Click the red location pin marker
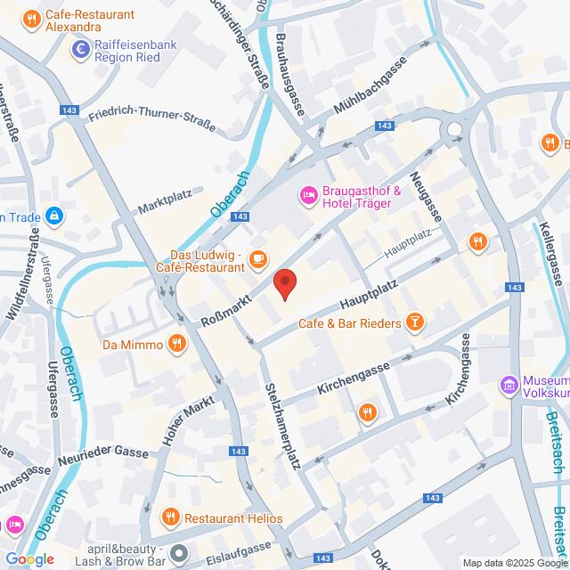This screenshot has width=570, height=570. coord(284,283)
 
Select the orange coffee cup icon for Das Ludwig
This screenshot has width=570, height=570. coord(257,259)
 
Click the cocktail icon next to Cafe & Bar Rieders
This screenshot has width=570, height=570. coord(414,322)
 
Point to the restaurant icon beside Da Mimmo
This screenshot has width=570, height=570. coord(177,344)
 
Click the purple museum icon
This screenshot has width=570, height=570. coord(509,386)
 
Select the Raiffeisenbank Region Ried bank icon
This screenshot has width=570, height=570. coord(82,50)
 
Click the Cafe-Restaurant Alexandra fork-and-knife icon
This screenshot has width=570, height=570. coord(31,18)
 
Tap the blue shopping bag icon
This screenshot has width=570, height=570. coord(55,216)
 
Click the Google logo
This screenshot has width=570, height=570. coord(28,558)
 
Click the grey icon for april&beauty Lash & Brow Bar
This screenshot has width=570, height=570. coord(178,555)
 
